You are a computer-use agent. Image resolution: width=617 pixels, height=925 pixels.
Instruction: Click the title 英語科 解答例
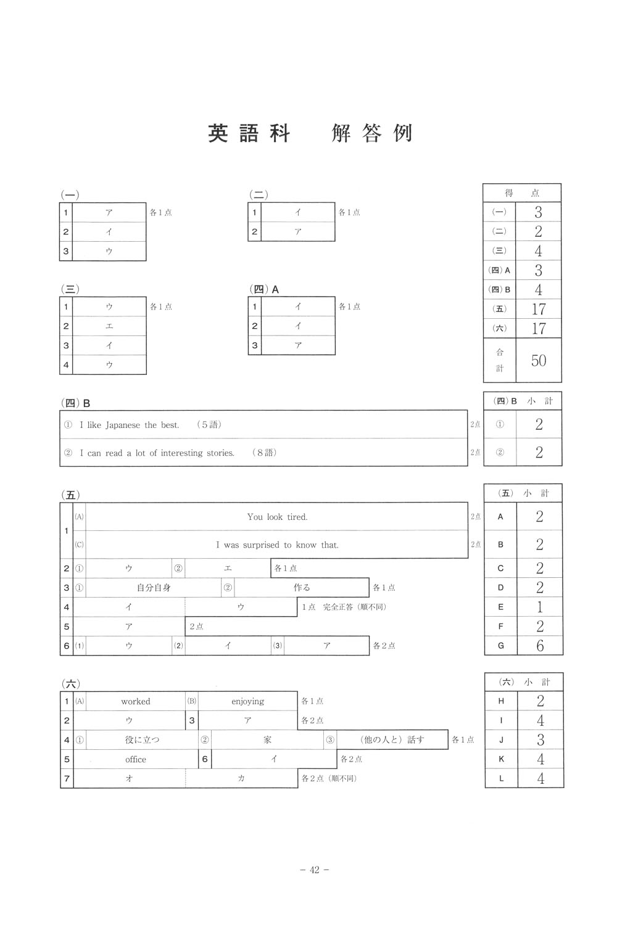(310, 133)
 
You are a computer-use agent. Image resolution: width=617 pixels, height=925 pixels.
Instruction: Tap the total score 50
(539, 360)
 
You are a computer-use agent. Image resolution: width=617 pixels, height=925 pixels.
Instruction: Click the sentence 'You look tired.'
(277, 517)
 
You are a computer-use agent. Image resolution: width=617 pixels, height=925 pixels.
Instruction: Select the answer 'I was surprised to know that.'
(277, 545)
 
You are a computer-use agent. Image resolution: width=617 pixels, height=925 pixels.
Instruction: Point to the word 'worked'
(136, 701)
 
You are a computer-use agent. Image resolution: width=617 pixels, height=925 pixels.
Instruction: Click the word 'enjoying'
(247, 701)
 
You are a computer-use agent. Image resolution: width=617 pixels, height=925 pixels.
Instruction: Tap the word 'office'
(136, 759)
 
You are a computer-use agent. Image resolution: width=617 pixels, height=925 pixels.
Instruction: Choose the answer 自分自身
(154, 588)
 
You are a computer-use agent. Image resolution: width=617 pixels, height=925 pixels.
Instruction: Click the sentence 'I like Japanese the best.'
(130, 425)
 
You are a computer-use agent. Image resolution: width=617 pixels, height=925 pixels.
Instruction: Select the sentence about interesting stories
(157, 453)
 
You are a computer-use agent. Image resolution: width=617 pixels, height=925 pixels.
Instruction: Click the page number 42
(314, 870)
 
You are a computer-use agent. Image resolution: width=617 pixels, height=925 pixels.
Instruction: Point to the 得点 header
(522, 193)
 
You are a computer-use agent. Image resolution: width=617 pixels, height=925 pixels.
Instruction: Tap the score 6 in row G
(540, 646)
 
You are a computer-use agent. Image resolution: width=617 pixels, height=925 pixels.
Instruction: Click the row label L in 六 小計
(501, 779)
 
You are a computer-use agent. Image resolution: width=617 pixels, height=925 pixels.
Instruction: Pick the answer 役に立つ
(142, 740)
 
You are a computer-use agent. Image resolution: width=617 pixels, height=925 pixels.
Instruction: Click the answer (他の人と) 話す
(392, 740)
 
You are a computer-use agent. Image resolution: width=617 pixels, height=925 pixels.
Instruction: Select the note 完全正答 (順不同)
(354, 607)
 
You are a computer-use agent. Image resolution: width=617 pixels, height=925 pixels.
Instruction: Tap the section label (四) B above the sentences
(78, 403)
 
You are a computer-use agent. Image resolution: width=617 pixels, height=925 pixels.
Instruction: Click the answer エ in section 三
(109, 326)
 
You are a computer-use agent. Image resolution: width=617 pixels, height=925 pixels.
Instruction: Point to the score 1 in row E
(540, 607)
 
